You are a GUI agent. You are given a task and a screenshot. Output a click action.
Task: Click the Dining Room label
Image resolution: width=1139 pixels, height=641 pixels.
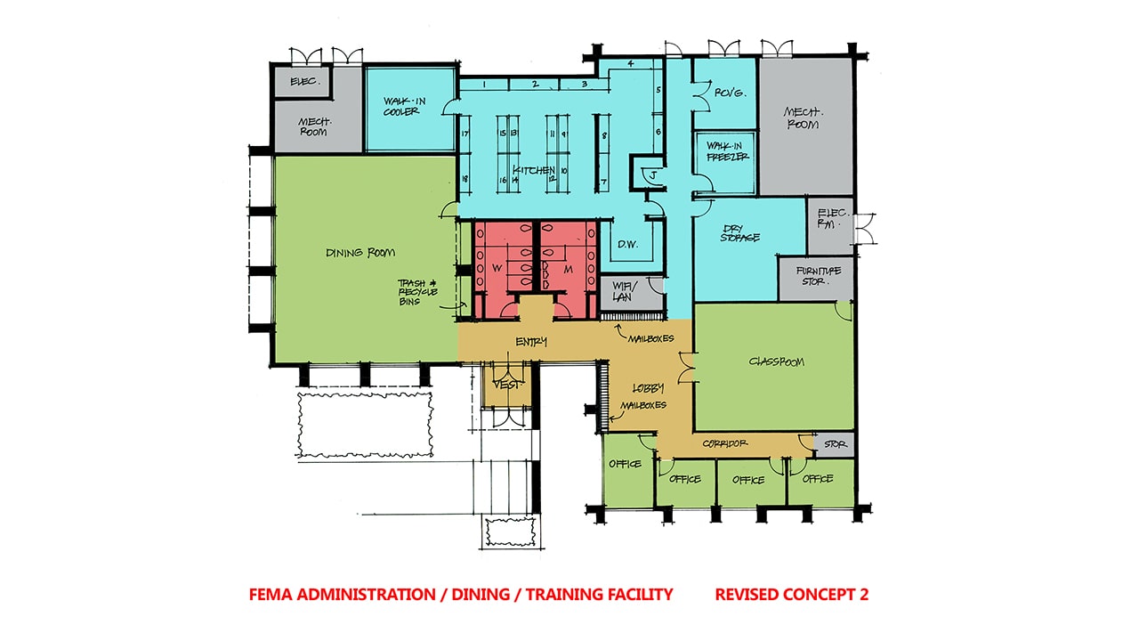[360, 253]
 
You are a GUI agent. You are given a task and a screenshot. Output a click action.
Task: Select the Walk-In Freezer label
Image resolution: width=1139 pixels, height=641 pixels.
[727, 150]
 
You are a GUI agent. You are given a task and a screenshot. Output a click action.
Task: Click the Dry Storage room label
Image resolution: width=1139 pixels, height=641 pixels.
[739, 232]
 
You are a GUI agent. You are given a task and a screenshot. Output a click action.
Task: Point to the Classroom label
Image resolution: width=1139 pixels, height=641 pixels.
[776, 361]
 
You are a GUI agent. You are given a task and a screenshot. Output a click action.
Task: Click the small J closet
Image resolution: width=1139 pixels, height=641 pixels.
[652, 174]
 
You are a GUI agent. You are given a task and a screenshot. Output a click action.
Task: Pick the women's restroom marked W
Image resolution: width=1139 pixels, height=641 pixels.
[495, 266]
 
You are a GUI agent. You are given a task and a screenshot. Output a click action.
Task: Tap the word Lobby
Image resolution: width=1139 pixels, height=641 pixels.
[648, 388]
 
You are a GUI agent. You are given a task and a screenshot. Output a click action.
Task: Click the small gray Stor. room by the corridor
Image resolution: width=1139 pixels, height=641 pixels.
[835, 443]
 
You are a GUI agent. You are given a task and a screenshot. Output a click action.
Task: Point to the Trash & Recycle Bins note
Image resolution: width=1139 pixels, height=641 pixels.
[415, 292]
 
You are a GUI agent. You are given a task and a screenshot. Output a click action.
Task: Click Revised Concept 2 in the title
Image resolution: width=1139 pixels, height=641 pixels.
[791, 595]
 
